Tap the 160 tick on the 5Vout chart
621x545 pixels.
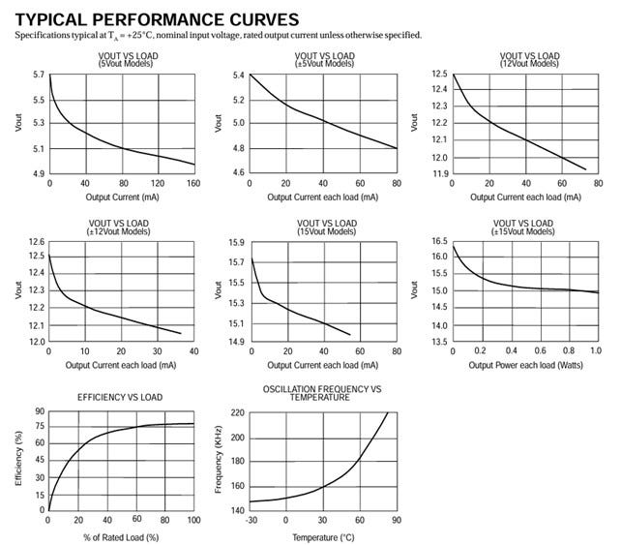coord(193,184)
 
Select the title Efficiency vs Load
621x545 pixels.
coord(119,397)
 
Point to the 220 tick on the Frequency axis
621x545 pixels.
coord(238,412)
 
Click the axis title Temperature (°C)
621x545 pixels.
coord(323,535)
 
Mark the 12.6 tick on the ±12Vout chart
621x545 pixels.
coord(36,241)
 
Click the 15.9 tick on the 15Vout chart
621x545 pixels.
coord(238,241)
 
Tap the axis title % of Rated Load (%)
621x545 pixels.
coord(122,535)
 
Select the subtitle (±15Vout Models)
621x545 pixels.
coord(525,231)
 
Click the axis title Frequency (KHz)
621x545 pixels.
coord(220,460)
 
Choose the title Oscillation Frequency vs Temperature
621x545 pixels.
coord(323,393)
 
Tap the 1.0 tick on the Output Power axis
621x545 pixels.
coord(594,350)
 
